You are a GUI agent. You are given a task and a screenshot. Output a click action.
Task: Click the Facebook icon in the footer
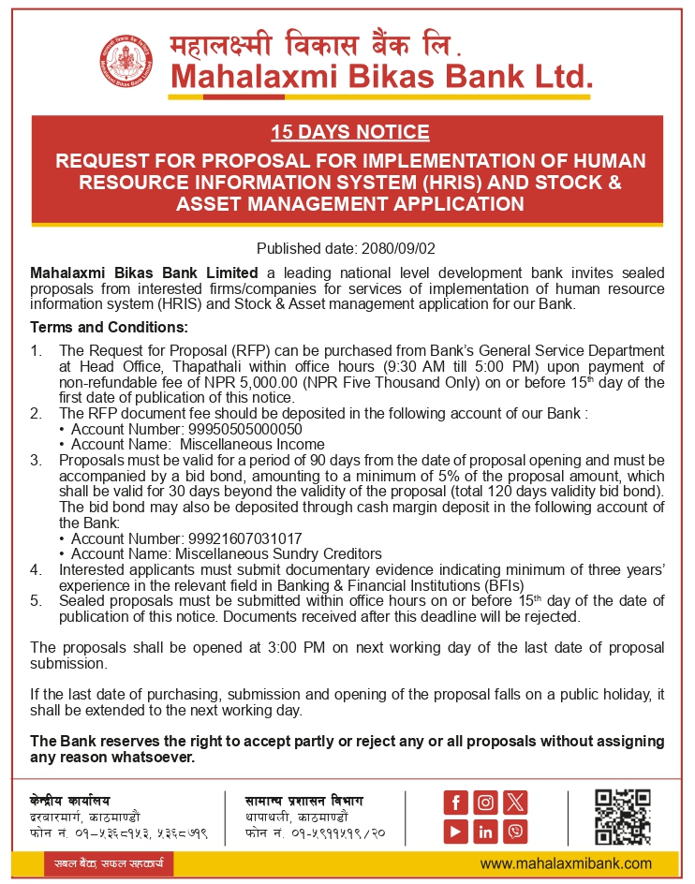tap(456, 802)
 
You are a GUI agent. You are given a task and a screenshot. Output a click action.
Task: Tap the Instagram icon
tap(485, 802)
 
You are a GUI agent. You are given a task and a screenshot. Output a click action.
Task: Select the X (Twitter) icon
tap(515, 802)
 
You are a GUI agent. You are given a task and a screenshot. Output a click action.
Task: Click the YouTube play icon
tap(456, 831)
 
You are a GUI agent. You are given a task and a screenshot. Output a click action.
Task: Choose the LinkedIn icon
tap(485, 831)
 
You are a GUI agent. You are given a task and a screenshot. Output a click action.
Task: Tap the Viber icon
tap(515, 831)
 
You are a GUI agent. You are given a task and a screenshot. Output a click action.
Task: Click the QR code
tap(623, 816)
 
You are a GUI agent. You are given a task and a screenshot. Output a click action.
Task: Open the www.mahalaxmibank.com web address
tap(566, 863)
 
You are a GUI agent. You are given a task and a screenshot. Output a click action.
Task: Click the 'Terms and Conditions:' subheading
tap(109, 328)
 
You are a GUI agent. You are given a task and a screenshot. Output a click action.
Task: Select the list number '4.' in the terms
tap(37, 568)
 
